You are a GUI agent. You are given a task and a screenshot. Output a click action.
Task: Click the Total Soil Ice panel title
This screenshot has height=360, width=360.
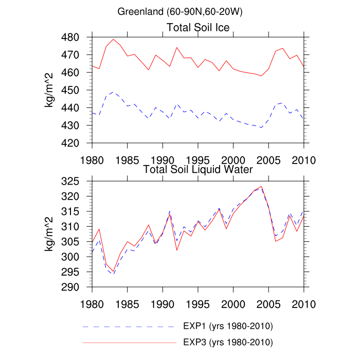point(198,27)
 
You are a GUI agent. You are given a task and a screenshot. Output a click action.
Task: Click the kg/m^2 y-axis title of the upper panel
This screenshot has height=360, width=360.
point(51,90)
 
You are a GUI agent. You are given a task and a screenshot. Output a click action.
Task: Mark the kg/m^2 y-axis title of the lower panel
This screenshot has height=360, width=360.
point(51,234)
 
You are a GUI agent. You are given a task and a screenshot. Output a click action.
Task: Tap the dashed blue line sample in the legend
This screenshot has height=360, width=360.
point(129,327)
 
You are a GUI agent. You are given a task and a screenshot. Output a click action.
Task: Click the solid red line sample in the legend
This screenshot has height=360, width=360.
point(129,342)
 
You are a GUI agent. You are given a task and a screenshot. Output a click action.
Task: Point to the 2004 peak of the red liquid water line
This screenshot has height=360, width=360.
point(261,187)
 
